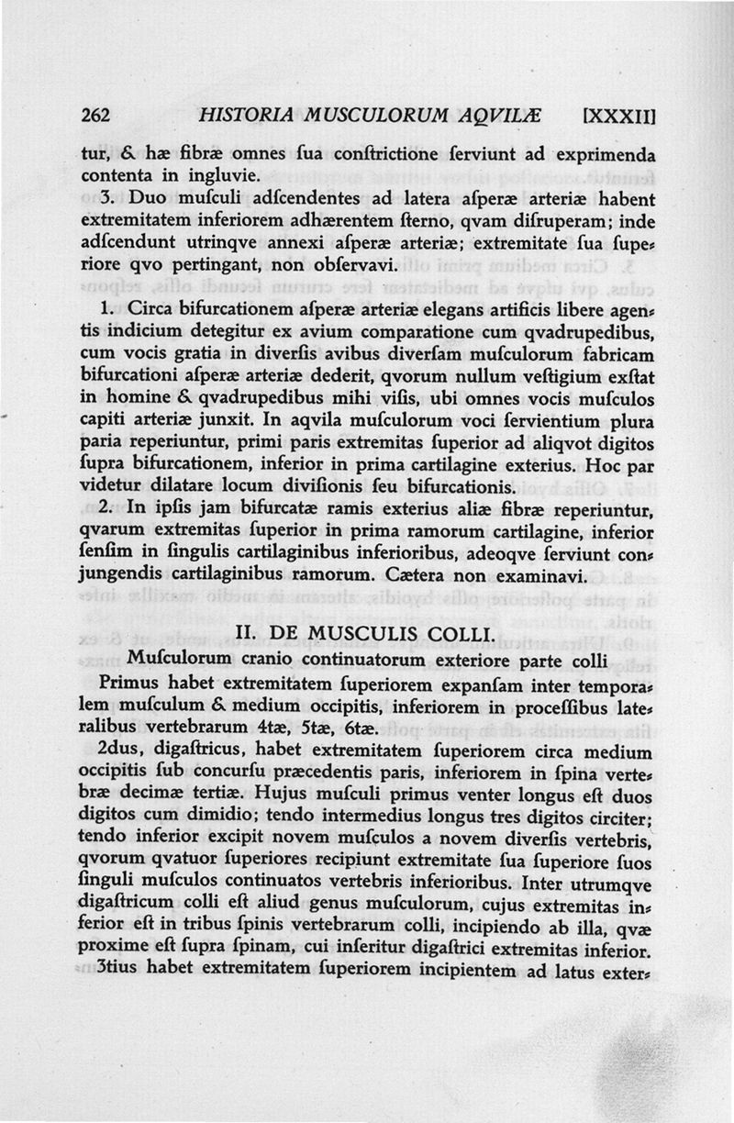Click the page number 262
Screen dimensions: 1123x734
click(x=95, y=116)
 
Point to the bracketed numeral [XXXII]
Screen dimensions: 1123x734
click(x=619, y=116)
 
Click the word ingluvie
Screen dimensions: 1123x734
click(x=218, y=173)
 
